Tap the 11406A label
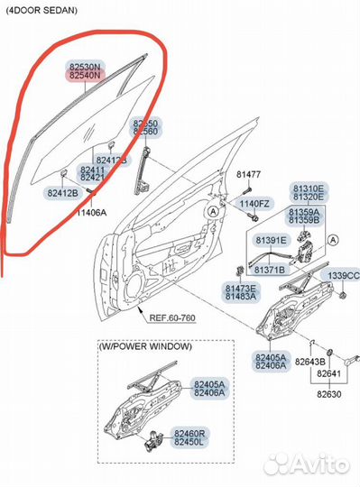(89, 213)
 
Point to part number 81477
(248, 174)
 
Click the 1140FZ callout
(254, 205)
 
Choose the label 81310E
(309, 188)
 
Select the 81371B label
(269, 270)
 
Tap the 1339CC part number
(342, 275)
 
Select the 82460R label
(215, 433)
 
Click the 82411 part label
(91, 169)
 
